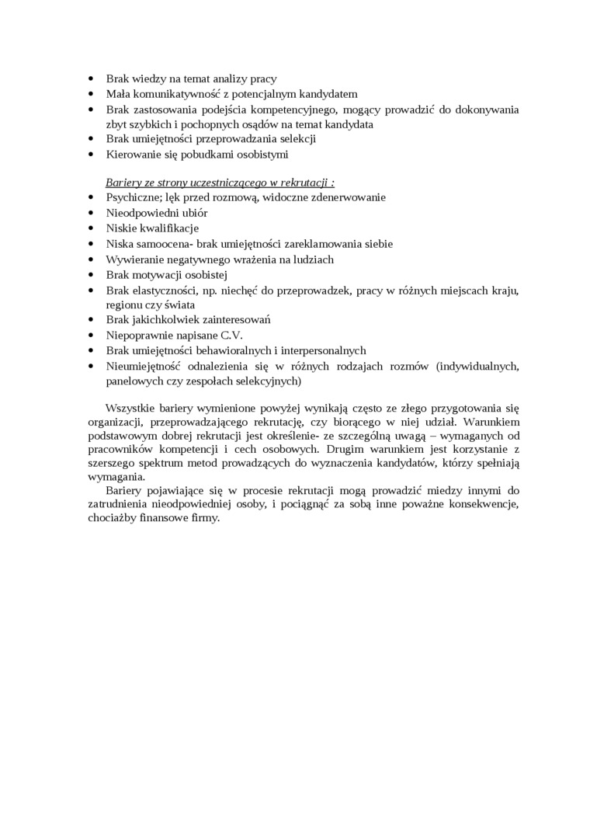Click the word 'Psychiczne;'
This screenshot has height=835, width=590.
pos(133,197)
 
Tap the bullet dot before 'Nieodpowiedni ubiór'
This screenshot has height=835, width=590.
pos(92,213)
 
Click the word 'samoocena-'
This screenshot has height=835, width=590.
pos(166,243)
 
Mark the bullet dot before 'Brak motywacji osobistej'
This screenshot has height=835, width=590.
pos(92,274)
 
